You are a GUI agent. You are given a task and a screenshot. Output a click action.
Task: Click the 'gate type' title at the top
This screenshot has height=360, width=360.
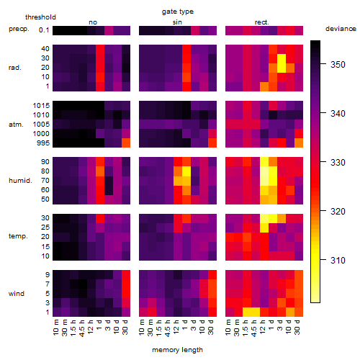[178, 12]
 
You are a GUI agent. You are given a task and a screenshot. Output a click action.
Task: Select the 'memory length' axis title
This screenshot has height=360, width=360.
[177, 350]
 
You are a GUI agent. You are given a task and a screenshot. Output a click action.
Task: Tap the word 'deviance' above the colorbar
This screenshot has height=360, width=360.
[341, 29]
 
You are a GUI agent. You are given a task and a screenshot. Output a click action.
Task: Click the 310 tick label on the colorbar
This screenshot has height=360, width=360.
[338, 260]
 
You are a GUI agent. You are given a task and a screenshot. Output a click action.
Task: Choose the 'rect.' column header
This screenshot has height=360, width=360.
[262, 22]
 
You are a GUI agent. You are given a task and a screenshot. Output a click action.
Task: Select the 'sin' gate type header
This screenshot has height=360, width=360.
[177, 22]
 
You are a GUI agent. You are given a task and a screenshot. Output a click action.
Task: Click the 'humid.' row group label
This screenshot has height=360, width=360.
[20, 181]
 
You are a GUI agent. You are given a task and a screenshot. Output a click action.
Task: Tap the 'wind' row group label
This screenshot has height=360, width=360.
[17, 294]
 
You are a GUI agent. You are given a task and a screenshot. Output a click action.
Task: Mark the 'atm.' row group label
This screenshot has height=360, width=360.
[16, 125]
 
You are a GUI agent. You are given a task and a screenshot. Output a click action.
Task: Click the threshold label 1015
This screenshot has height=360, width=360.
[41, 106]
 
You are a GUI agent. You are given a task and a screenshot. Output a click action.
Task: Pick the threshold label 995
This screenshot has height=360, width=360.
[43, 143]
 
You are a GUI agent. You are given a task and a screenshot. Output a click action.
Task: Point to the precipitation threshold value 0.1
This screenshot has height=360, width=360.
[44, 30]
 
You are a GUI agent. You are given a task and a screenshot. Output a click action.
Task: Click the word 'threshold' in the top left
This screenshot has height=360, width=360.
[40, 17]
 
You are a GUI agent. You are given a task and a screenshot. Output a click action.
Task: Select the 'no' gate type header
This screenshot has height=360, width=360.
[93, 22]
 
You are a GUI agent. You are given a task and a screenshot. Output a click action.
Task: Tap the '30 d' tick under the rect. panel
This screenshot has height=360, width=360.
[297, 327]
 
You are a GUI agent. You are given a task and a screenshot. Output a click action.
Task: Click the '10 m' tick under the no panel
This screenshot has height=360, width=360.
[55, 327]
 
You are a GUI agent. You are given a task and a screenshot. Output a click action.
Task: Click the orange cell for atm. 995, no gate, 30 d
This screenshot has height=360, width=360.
[126, 143]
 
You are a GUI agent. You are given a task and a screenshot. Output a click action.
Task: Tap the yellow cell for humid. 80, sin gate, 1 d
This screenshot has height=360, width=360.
[186, 171]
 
